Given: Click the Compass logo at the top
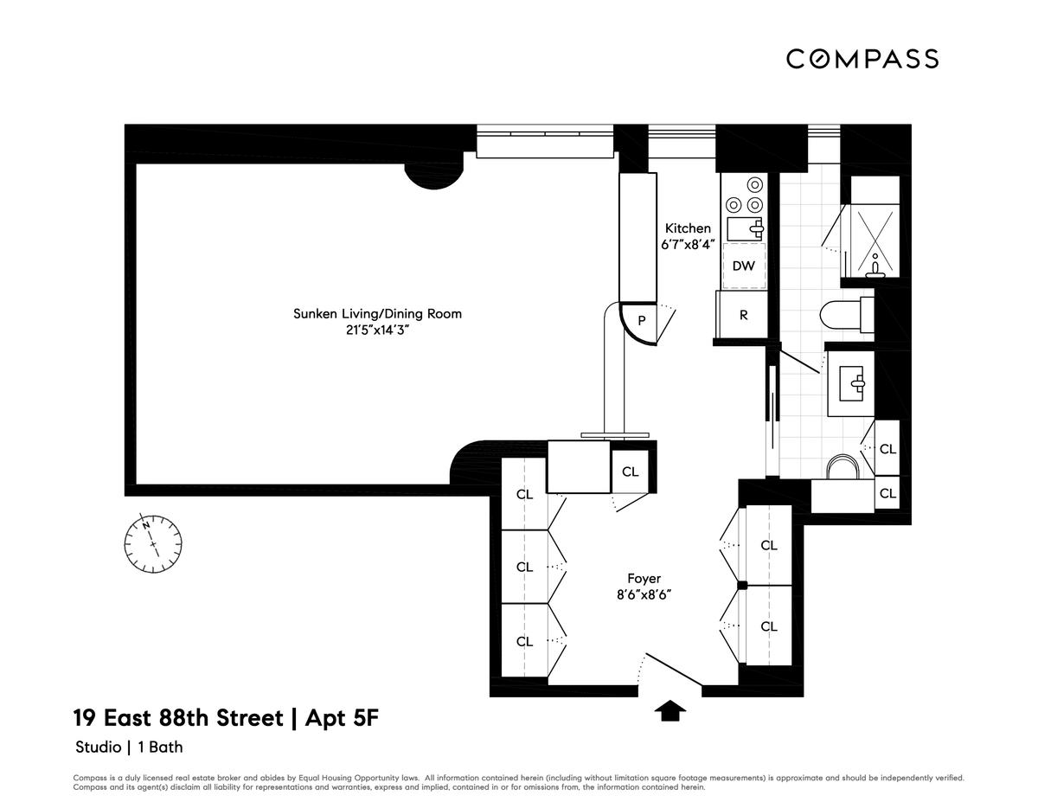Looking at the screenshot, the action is coord(862,59).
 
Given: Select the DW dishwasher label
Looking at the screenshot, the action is coord(744,266).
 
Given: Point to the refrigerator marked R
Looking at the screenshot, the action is coord(742,315).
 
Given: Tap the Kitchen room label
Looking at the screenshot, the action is coord(688,228).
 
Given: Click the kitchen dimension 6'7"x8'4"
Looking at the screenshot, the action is coord(688,245).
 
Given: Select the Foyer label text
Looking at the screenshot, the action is coord(644,579).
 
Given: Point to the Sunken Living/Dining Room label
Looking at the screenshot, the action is coord(377,314).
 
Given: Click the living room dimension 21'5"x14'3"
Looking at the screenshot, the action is coord(377,330).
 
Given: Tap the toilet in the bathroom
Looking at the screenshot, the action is coord(847,315).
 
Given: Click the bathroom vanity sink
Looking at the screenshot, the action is coord(851,383).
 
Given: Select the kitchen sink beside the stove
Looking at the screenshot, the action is coord(746,229).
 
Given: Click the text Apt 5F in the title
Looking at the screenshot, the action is coord(342,718).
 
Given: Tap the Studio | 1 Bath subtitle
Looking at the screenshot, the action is coord(129,747).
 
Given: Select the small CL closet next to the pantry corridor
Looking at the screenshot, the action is coord(630,472).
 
